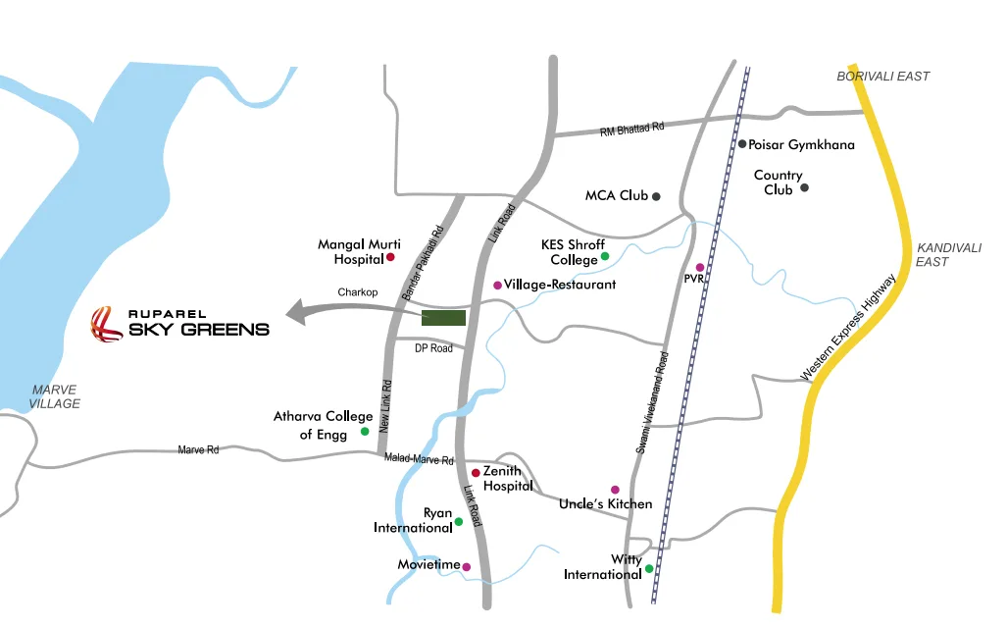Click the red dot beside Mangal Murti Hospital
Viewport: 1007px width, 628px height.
[390, 257]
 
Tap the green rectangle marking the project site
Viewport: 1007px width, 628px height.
[443, 317]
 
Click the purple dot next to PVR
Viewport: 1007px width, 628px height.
[700, 267]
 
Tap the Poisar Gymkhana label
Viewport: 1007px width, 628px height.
[802, 144]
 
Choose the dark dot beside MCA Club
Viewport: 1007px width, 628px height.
[657, 196]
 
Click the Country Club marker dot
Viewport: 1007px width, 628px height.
[804, 186]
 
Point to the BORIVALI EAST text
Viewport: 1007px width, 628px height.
[882, 77]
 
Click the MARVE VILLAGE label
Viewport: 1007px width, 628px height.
[54, 396]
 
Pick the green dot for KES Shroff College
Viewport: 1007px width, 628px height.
[605, 256]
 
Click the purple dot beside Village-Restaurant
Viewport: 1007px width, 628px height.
[497, 285]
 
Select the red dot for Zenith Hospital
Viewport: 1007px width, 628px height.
[476, 472]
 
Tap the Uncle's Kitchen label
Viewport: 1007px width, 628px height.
[605, 504]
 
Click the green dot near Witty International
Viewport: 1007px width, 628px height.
[649, 568]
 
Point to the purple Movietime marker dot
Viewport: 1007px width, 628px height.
[467, 566]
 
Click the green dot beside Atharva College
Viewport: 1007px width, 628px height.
[365, 431]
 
